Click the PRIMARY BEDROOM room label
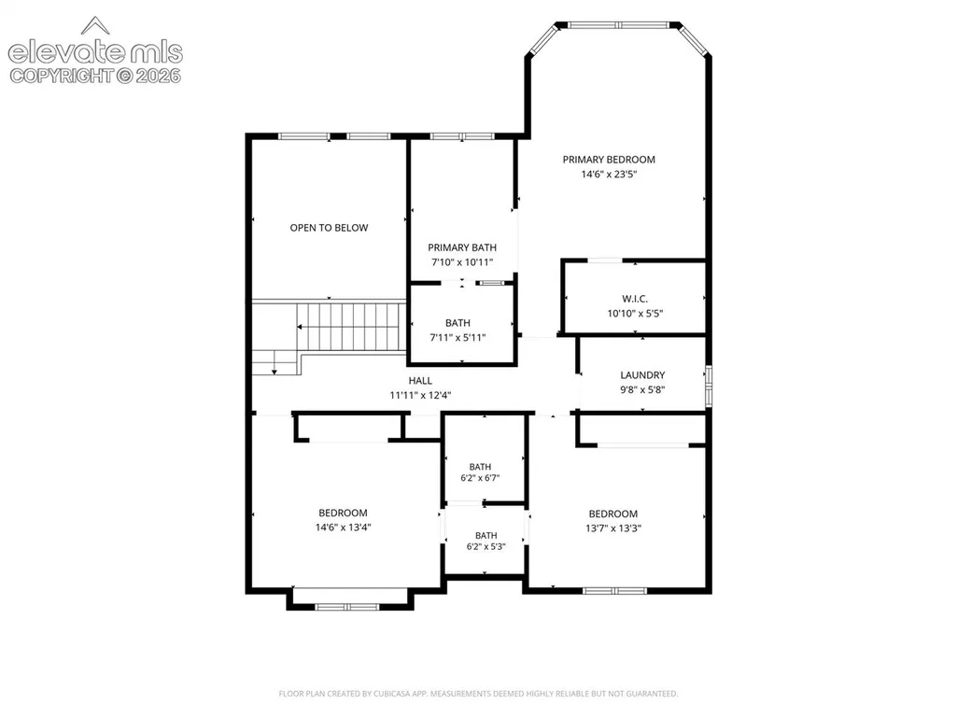[x=609, y=160]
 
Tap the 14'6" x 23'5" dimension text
[x=609, y=174]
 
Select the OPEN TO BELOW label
[x=329, y=228]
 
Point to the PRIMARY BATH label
[x=462, y=247]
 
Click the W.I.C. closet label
[x=635, y=299]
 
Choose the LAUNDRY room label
[x=642, y=375]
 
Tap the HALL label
[x=420, y=380]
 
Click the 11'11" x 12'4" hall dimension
[x=420, y=395]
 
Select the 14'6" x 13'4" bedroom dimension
[x=343, y=528]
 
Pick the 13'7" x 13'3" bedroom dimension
[x=613, y=528]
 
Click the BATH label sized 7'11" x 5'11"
[x=457, y=323]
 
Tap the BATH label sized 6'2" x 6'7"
[x=480, y=467]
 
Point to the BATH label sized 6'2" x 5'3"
[x=486, y=535]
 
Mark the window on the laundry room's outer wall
[x=709, y=386]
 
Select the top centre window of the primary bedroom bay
[x=619, y=25]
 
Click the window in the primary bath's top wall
[x=462, y=136]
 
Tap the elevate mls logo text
[x=95, y=53]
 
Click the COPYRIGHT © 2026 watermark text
[x=95, y=76]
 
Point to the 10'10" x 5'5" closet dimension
[x=635, y=313]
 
